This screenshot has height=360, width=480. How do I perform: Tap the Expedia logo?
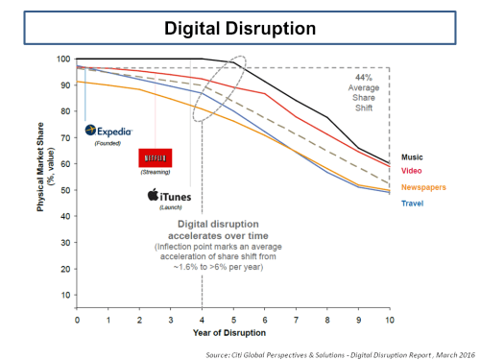(x=108, y=130)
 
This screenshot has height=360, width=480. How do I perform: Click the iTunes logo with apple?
(x=169, y=196)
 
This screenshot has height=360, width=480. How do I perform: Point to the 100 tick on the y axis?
(x=64, y=60)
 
